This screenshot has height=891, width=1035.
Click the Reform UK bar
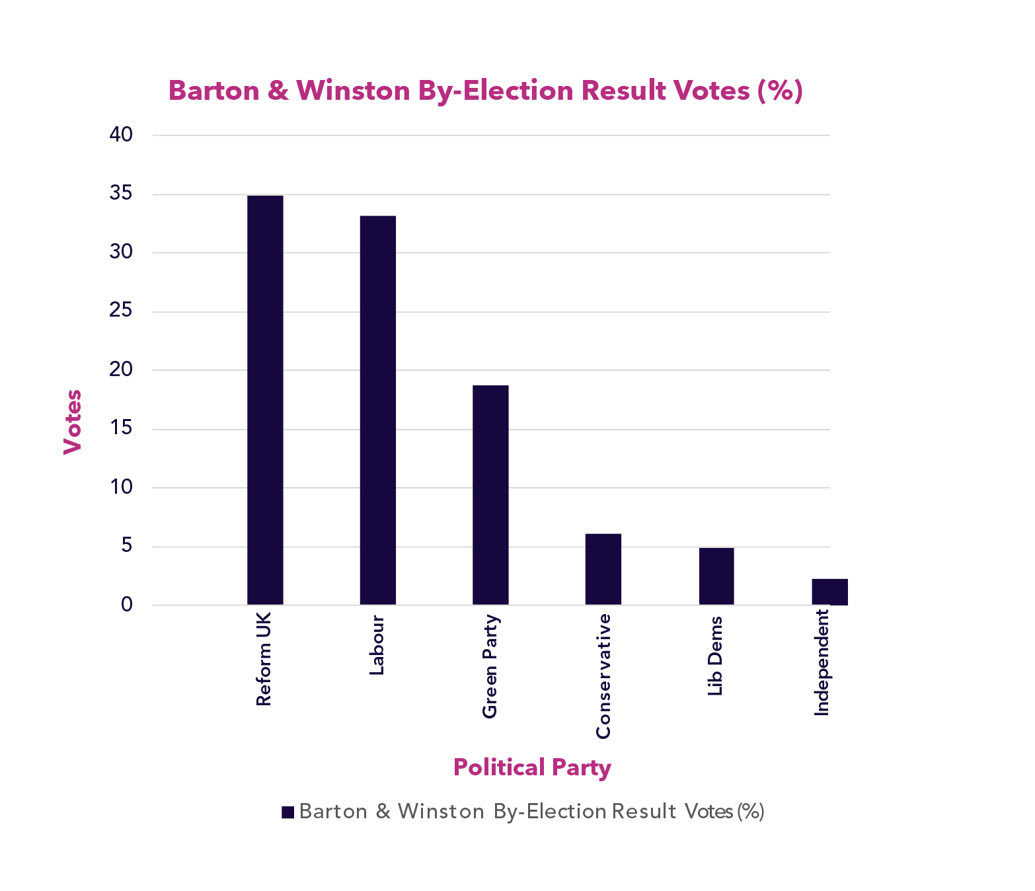pos(265,400)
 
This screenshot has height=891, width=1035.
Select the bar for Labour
pos(378,410)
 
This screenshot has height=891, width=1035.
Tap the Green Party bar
pos(490,494)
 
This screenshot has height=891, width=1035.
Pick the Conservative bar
pos(603,569)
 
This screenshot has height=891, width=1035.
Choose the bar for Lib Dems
pos(716,576)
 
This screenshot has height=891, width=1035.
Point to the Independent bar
pos(829,592)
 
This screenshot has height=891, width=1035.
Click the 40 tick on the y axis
pos(121,135)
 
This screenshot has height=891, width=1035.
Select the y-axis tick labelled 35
pos(121,194)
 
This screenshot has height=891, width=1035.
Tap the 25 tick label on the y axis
pos(121,311)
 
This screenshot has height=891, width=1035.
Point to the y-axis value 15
pos(121,428)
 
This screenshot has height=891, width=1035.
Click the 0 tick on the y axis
pos(127,604)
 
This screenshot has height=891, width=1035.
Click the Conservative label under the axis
pos(603,676)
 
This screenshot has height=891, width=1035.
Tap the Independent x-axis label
pos(822,663)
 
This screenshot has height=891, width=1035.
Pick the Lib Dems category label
pos(715,656)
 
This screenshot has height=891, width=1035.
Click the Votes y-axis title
pos(72,422)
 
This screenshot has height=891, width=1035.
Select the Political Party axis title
pos(532,767)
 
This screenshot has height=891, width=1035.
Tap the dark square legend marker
pos(287,812)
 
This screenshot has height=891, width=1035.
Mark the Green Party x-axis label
pos(490,667)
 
